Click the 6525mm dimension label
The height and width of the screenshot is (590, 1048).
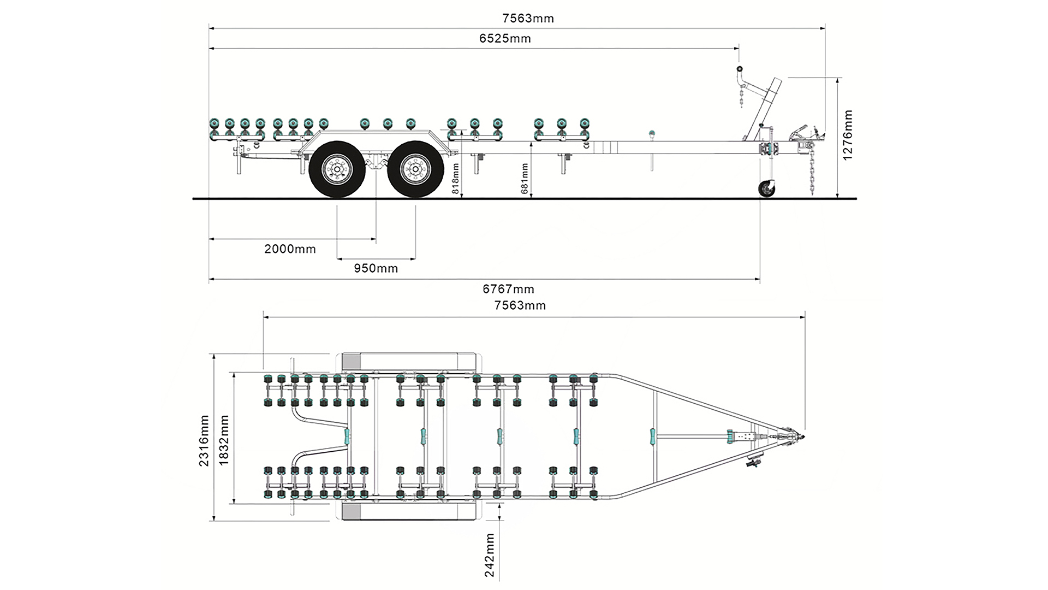pos(505,38)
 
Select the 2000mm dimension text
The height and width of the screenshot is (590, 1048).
pos(290,249)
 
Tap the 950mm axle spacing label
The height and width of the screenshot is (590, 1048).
pos(376,268)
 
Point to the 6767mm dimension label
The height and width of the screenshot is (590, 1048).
pos(508,289)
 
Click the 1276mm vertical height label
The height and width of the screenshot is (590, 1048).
pos(847,135)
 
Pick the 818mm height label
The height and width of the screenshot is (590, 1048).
pos(456,179)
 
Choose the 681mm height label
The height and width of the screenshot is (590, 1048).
pos(525,179)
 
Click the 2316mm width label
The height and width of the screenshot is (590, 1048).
pos(204,440)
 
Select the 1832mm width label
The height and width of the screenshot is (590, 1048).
pos(223,440)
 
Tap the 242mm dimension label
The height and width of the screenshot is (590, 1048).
pos(490,555)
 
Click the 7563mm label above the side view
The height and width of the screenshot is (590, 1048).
pos(528,19)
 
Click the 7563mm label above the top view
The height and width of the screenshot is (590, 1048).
pos(520,305)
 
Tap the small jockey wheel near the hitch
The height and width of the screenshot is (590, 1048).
pos(767,189)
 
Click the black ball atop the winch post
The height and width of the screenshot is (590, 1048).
pos(740,69)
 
